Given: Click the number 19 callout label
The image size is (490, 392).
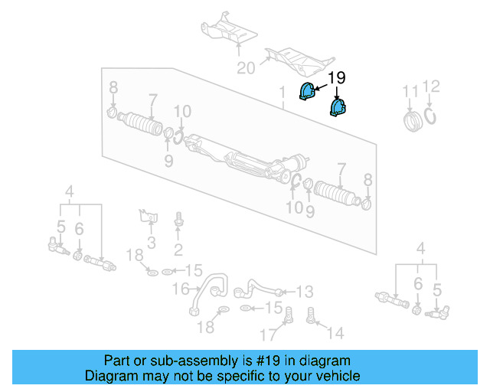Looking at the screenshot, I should point(338,77).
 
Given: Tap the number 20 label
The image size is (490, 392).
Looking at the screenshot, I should point(245,68).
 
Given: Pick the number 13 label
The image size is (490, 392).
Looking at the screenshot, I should point(305,292).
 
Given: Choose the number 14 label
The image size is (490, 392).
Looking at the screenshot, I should point(335,333).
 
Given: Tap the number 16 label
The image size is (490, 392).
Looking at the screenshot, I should point(179,289).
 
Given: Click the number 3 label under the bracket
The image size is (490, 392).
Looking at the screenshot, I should point(151,243).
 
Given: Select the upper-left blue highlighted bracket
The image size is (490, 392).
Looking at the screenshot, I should point(307,92).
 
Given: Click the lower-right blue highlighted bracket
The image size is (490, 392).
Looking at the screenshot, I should point(338,107).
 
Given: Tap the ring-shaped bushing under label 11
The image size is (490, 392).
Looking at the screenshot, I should point(413,120).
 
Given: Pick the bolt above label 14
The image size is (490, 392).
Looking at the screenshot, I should point(312,315).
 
